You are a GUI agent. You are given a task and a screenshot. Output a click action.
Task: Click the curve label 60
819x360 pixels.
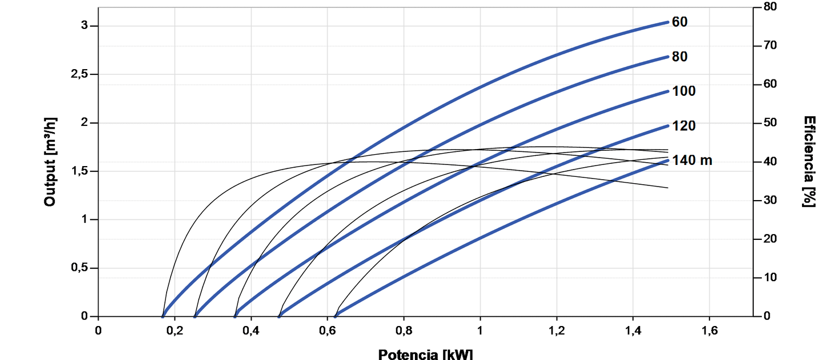click(680, 22)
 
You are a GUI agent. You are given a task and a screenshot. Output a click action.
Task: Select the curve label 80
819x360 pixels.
click(680, 57)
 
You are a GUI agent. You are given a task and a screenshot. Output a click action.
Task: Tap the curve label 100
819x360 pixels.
click(684, 91)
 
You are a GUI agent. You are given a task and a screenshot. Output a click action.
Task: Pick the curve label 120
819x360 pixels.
click(684, 126)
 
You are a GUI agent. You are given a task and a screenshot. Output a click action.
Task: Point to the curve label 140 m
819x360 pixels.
click(691, 160)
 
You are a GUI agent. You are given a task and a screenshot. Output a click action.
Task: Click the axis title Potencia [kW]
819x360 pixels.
click(425, 354)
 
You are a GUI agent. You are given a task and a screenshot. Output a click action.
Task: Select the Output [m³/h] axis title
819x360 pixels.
click(50, 162)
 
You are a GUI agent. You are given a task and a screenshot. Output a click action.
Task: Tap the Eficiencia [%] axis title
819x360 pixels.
click(809, 162)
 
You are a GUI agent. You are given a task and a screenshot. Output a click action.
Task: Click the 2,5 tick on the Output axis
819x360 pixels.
click(81, 75)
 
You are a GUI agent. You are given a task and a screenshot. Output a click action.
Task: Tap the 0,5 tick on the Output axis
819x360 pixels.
click(81, 268)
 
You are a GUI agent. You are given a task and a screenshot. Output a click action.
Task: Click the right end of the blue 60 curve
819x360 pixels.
click(668, 22)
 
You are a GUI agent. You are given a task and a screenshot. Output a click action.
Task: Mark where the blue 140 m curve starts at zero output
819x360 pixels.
click(336, 316)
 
